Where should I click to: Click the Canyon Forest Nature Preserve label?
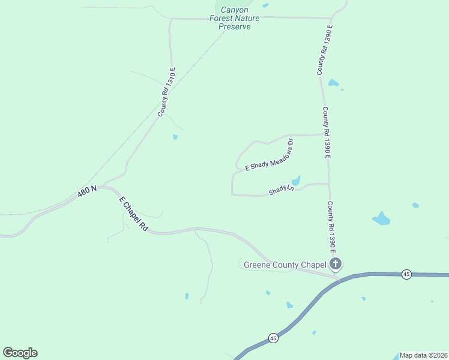(235, 18)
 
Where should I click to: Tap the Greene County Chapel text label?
(285, 264)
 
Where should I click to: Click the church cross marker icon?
(336, 263)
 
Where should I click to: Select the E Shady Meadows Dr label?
(269, 156)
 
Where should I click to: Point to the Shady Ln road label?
(282, 190)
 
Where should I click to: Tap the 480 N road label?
(87, 193)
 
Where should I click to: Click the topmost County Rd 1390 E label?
(325, 50)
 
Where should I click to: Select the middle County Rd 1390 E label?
(327, 133)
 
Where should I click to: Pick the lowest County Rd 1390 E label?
(330, 226)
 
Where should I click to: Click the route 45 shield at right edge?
(406, 274)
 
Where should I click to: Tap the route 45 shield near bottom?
(273, 338)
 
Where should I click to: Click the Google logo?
(20, 353)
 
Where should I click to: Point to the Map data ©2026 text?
(423, 355)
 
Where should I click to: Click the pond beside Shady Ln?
(295, 181)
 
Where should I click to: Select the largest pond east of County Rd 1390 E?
(381, 218)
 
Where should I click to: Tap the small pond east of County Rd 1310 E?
(175, 137)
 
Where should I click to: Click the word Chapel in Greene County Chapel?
(312, 264)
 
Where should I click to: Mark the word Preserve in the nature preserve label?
(235, 27)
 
